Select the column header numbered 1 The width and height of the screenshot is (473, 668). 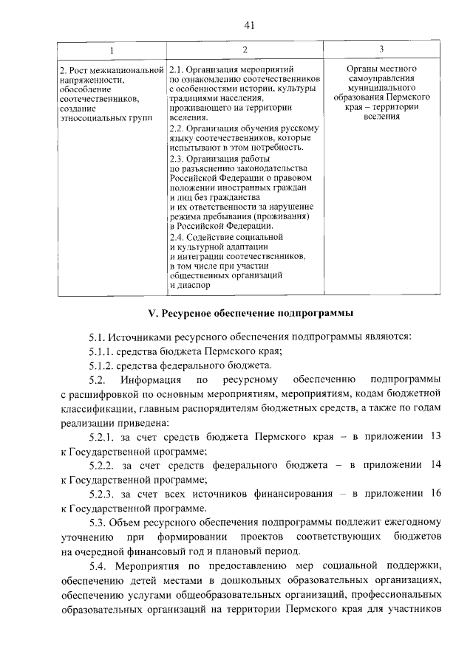pos(112,50)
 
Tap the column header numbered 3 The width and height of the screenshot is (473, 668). pos(381,49)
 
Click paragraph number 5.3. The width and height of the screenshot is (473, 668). pos(98,522)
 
